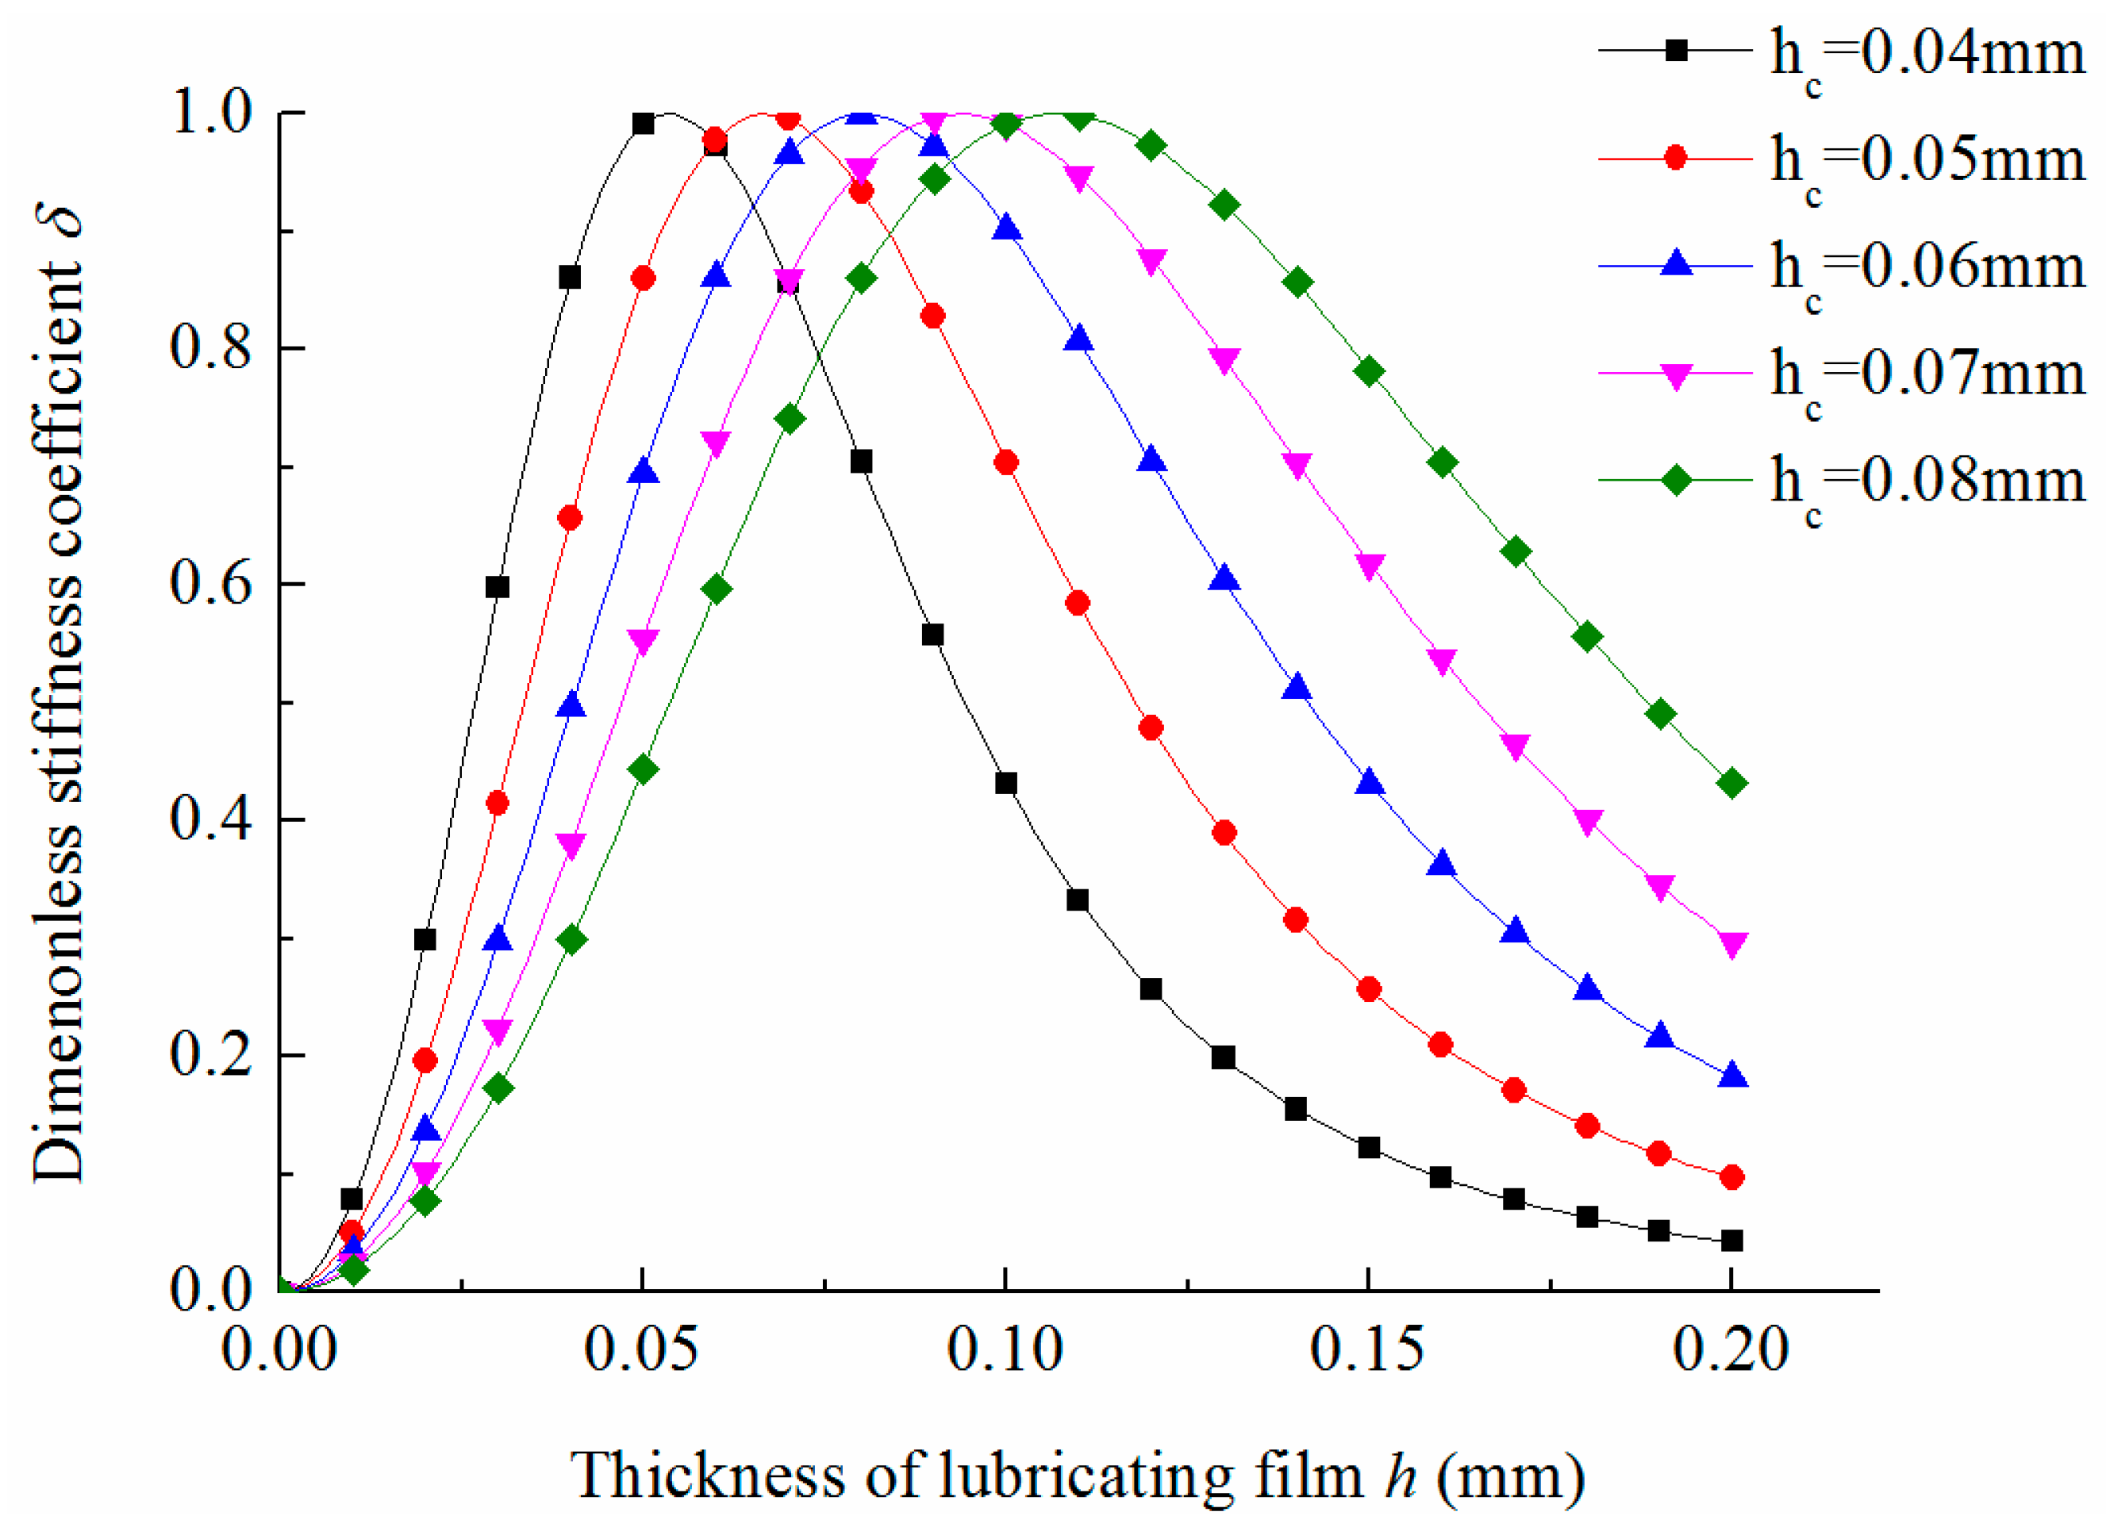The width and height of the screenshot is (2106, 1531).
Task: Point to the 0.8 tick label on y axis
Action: click(211, 347)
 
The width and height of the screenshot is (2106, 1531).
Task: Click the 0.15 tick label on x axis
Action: click(1367, 1348)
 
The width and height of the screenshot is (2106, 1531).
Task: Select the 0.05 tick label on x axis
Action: click(640, 1348)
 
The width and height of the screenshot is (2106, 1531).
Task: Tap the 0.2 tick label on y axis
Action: click(211, 1055)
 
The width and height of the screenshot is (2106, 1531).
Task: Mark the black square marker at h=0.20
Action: click(1731, 1241)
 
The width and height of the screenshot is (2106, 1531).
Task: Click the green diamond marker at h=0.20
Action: click(1731, 784)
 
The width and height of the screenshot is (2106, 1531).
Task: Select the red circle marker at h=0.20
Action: click(1731, 1177)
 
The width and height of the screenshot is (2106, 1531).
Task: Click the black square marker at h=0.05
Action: click(643, 124)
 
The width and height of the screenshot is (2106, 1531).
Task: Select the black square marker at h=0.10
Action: click(1005, 783)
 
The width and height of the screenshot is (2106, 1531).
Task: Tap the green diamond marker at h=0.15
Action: click(1369, 371)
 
